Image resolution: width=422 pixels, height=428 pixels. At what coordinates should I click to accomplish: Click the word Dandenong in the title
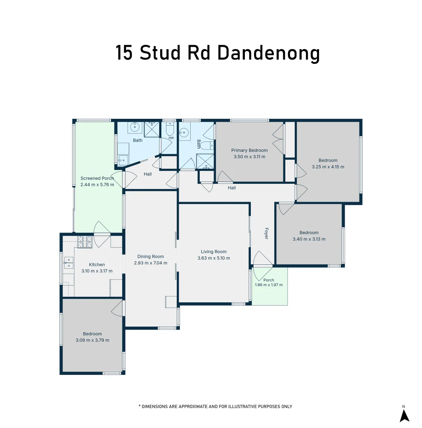[268, 53]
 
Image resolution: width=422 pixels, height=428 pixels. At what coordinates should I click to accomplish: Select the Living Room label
[214, 252]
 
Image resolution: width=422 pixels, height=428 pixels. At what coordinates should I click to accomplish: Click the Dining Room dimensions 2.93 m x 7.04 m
[151, 263]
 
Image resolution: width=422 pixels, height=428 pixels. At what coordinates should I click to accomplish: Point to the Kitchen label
[97, 264]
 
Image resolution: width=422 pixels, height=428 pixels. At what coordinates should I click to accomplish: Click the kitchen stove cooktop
[85, 242]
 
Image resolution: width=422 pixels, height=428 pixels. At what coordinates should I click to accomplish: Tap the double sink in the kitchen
[69, 263]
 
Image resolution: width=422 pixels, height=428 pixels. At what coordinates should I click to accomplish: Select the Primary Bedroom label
[250, 150]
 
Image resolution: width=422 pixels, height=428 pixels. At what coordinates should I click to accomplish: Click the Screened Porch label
[97, 178]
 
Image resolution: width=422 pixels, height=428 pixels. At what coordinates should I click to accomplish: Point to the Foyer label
[266, 233]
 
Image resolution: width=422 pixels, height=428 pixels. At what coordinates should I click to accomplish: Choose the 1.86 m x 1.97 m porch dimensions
[269, 285]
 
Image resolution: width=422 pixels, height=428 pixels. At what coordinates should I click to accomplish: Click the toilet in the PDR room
[170, 129]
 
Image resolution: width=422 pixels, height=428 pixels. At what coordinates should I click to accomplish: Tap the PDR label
[171, 138]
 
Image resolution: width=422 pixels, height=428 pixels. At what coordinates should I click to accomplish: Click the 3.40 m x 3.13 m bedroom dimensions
[309, 239]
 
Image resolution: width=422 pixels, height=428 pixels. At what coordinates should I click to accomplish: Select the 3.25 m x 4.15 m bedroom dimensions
[328, 167]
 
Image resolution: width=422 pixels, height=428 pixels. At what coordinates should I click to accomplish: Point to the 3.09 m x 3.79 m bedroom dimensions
[93, 340]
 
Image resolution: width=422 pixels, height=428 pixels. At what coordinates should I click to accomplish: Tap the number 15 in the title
[124, 53]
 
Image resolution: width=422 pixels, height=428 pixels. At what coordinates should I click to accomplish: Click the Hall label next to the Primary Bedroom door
[232, 188]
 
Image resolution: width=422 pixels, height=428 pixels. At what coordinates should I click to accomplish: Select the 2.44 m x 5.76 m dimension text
[97, 185]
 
